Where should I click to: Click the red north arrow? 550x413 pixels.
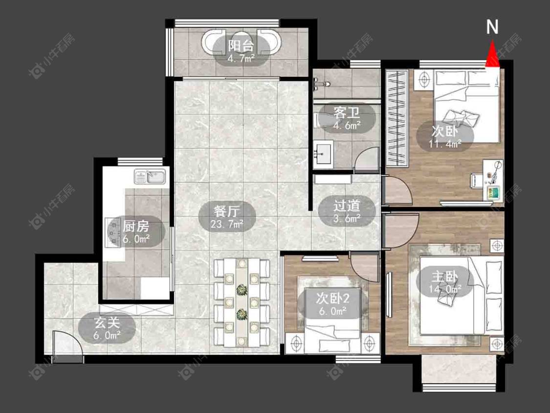click(492, 54)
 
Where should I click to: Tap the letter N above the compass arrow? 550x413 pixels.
click(492, 27)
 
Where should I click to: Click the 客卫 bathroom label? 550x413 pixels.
click(347, 118)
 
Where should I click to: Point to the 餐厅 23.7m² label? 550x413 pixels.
click(227, 217)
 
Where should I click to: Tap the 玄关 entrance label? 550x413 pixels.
click(107, 328)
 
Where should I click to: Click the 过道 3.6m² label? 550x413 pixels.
click(347, 211)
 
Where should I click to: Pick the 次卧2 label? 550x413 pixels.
click(332, 304)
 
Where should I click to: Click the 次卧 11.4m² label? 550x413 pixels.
click(445, 136)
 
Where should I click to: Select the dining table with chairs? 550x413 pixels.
click(242, 302)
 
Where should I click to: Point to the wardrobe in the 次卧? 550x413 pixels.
click(397, 118)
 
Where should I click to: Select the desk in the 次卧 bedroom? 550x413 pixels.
click(493, 181)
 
